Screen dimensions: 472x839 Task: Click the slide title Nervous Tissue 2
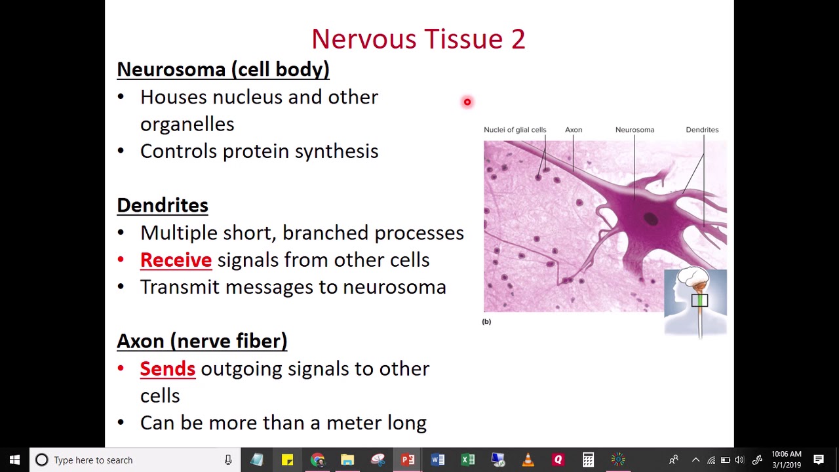[x=418, y=39]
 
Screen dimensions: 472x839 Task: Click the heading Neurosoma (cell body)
[x=223, y=69]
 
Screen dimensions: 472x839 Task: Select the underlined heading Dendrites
[x=163, y=205]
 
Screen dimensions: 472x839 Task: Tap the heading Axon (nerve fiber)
[x=202, y=341]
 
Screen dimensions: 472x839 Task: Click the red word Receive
[x=176, y=260]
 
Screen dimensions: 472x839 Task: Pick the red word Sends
[x=168, y=368]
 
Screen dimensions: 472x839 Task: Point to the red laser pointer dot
[x=467, y=102]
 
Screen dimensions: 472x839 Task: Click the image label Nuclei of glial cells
[x=515, y=130]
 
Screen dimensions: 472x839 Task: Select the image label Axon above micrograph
[x=574, y=130]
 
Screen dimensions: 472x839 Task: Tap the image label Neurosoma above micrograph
[x=634, y=130]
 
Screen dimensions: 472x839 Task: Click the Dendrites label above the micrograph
[x=702, y=130]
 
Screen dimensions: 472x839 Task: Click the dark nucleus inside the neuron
[x=650, y=220]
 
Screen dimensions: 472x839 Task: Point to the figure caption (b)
[x=486, y=321]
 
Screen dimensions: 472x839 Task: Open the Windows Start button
[x=14, y=460]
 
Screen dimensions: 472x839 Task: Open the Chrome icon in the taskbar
[x=317, y=460]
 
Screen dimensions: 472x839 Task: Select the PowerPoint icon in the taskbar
[x=408, y=460]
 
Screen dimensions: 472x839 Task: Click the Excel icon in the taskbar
[x=467, y=460]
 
